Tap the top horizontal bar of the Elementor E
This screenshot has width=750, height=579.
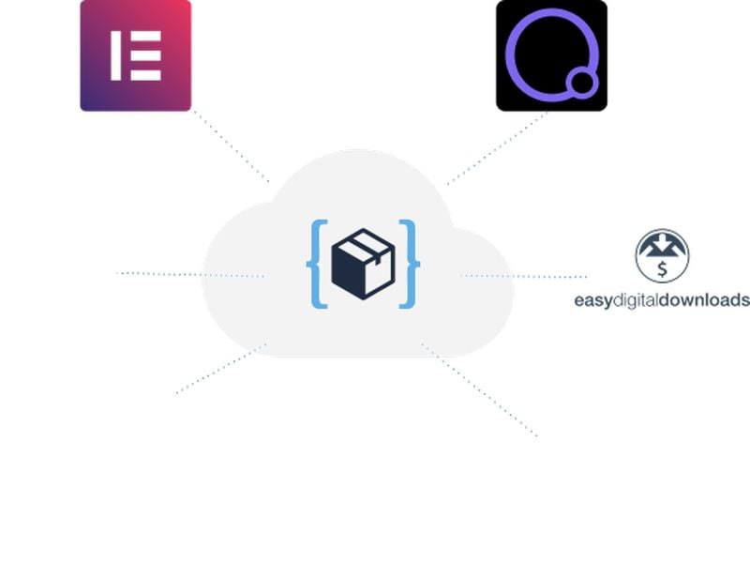pyautogui.click(x=144, y=36)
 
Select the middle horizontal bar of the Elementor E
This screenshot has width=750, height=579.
pyautogui.click(x=144, y=55)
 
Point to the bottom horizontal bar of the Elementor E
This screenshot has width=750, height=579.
pyautogui.click(x=144, y=75)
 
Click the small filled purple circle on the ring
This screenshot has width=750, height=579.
pyautogui.click(x=581, y=84)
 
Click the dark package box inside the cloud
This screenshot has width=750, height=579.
pyautogui.click(x=363, y=267)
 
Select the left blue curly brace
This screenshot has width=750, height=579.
pyautogui.click(x=317, y=264)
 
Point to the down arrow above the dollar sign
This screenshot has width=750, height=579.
pyautogui.click(x=663, y=247)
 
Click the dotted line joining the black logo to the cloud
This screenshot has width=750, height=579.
pyautogui.click(x=497, y=147)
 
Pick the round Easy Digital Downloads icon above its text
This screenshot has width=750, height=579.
pyautogui.click(x=663, y=255)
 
